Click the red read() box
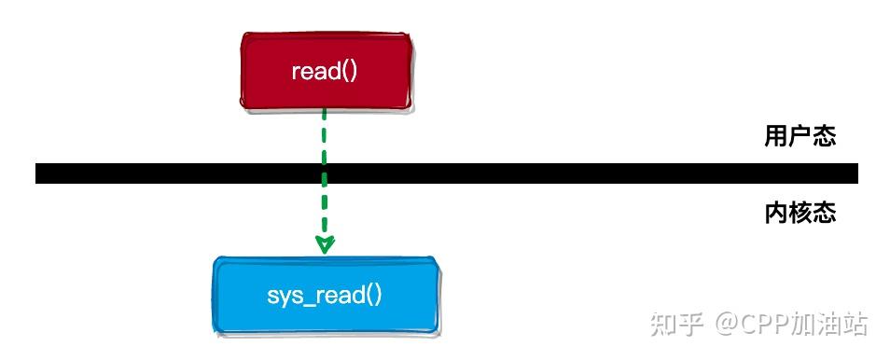[x=325, y=71]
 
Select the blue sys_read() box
[x=325, y=296]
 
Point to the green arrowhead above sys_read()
[x=325, y=244]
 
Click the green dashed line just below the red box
[x=325, y=126]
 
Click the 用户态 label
[x=800, y=137]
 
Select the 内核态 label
[x=800, y=214]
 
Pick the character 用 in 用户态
[x=776, y=137]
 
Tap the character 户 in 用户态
[x=800, y=137]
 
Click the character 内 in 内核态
[x=776, y=214]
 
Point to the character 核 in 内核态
[x=800, y=214]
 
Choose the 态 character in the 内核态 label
[x=824, y=214]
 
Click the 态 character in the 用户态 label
[x=824, y=137]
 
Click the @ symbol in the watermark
[x=726, y=325]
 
